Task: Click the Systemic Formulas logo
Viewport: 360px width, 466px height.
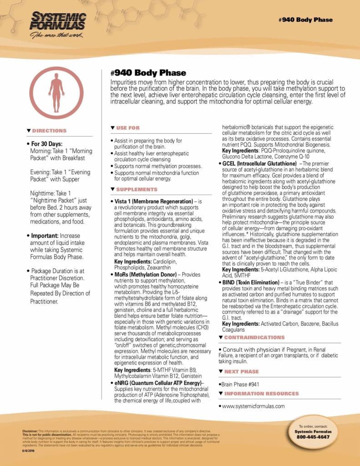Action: pos(58,25)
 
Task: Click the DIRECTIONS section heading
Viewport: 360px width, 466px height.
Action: pos(49,131)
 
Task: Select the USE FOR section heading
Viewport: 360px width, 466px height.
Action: pos(128,128)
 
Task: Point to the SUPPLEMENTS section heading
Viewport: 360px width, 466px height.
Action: pos(137,189)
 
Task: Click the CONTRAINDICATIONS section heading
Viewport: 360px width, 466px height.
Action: pos(254,337)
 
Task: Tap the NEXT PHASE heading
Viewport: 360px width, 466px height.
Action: pos(241,372)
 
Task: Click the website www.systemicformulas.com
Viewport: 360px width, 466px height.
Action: pos(253,406)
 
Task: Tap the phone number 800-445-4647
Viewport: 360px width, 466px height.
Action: pos(313,437)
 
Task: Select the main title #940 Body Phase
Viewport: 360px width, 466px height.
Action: pos(148,73)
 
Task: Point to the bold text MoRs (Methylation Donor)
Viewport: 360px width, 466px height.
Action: pos(147,275)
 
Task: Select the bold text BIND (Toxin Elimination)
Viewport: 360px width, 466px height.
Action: pos(252,283)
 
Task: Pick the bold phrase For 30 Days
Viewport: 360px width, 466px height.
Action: pos(47,144)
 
